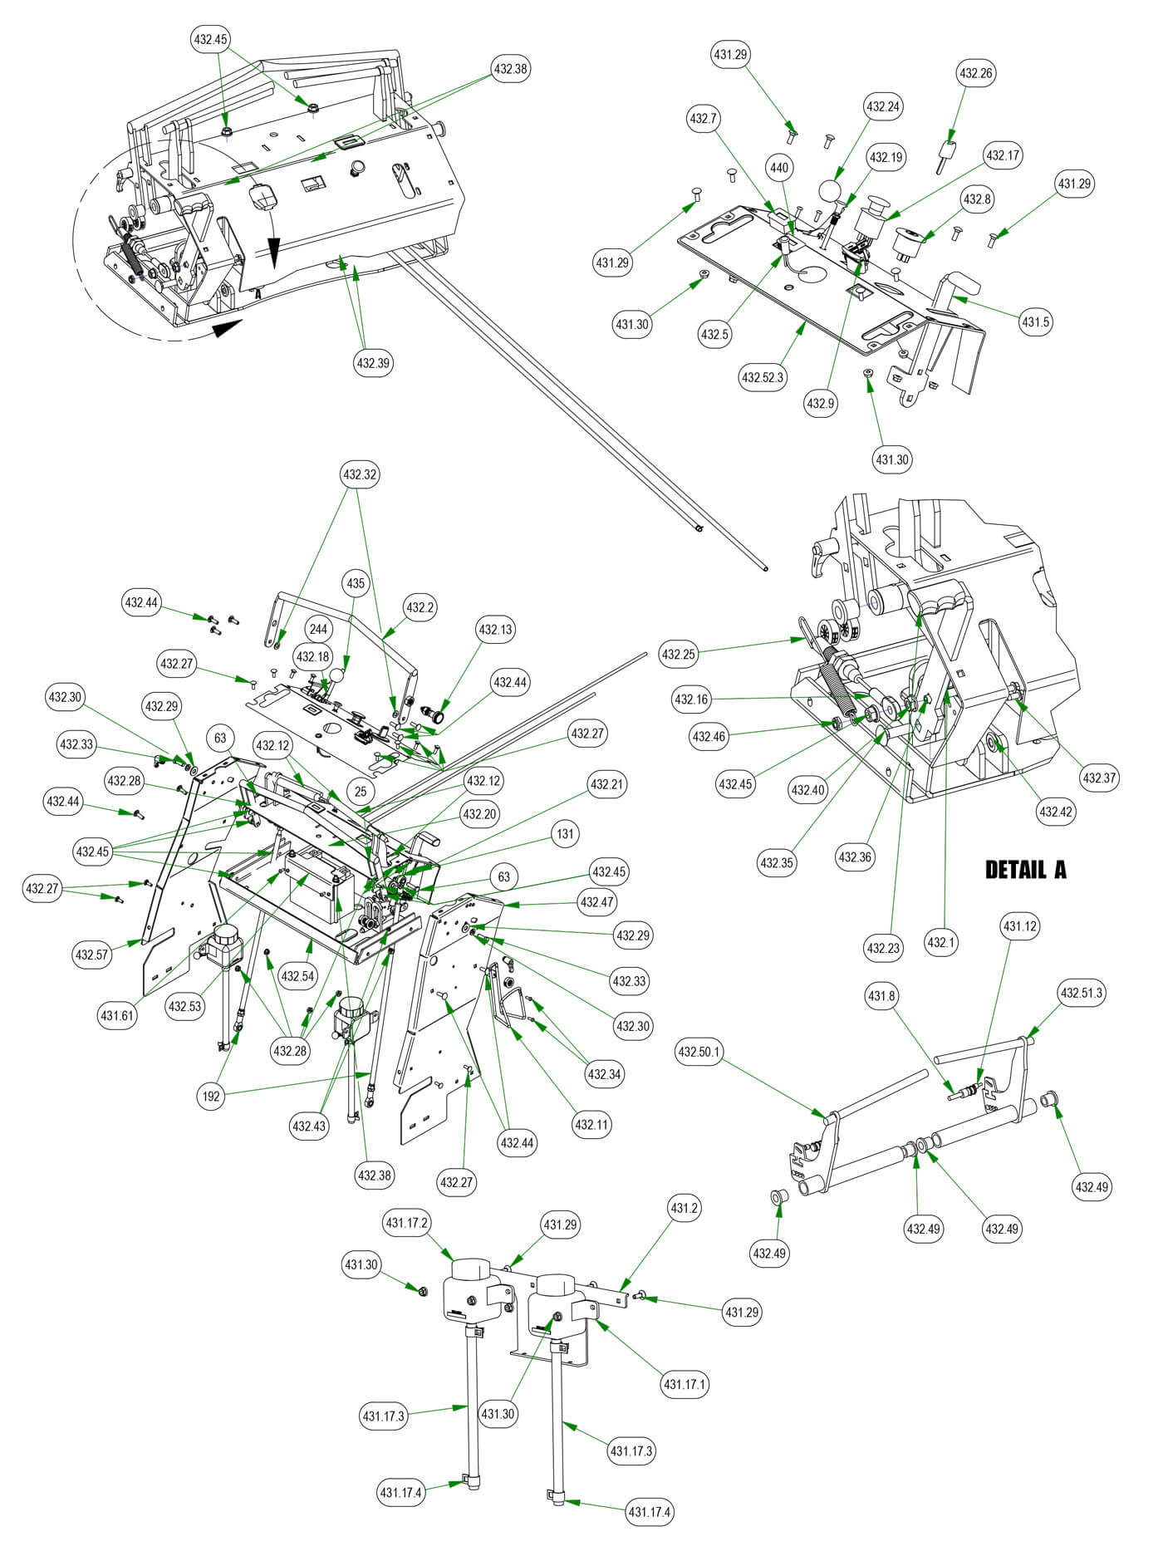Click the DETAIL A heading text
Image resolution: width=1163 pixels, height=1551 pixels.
tap(1025, 870)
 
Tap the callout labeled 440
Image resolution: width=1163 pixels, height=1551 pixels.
tap(778, 168)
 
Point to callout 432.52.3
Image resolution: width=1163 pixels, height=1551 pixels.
tap(762, 378)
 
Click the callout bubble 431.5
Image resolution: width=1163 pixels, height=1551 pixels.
tap(1036, 321)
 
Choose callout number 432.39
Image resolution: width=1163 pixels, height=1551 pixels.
tap(374, 363)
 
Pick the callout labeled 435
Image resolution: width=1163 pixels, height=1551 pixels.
tap(356, 584)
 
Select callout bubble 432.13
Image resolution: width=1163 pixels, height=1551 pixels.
tap(495, 630)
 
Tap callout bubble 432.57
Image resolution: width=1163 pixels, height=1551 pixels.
tap(91, 955)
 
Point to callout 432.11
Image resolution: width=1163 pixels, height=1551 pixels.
tap(591, 1126)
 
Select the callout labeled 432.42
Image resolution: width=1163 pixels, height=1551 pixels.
tap(1056, 811)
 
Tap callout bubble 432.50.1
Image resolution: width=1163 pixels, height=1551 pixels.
tap(699, 1053)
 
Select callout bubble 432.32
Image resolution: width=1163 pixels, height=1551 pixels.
tap(359, 475)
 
